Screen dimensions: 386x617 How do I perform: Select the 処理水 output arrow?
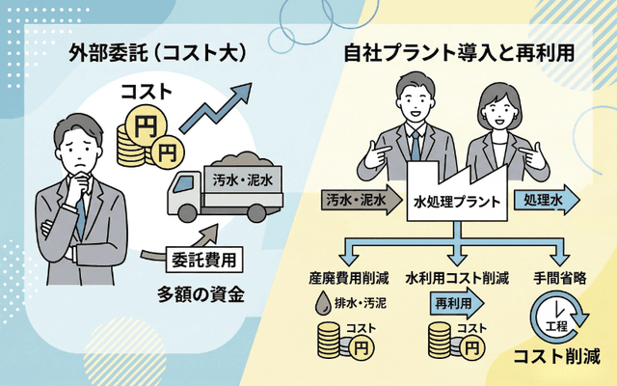(549, 200)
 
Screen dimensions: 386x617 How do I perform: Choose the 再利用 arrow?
(453, 303)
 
